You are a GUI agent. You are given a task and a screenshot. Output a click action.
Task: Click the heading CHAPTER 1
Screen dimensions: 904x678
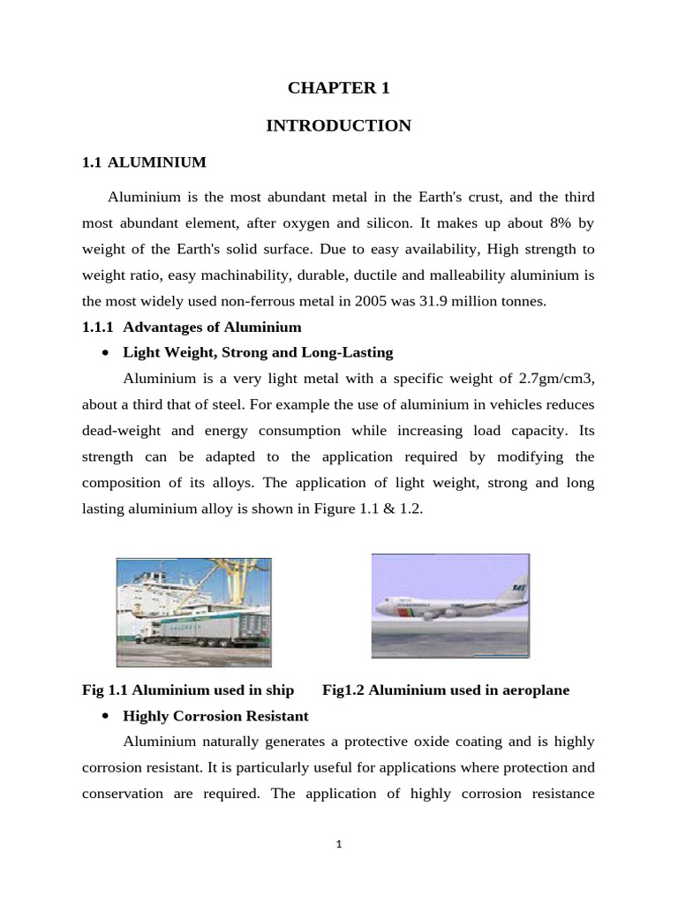coord(338,88)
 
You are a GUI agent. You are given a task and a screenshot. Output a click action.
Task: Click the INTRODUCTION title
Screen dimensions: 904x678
coord(338,126)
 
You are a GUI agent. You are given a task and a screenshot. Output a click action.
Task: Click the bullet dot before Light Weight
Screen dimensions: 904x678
coord(105,353)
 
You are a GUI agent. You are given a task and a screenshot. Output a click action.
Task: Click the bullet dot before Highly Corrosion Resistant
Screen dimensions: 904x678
coord(105,716)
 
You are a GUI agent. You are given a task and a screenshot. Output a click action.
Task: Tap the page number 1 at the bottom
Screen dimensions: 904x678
coord(338,844)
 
